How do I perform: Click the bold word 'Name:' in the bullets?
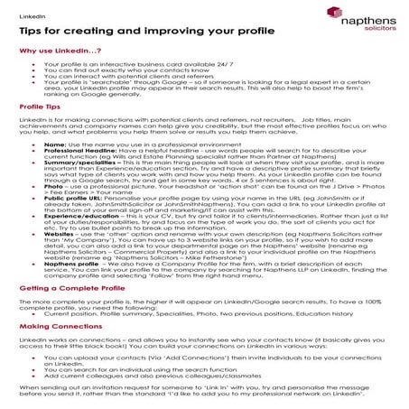click(53, 143)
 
